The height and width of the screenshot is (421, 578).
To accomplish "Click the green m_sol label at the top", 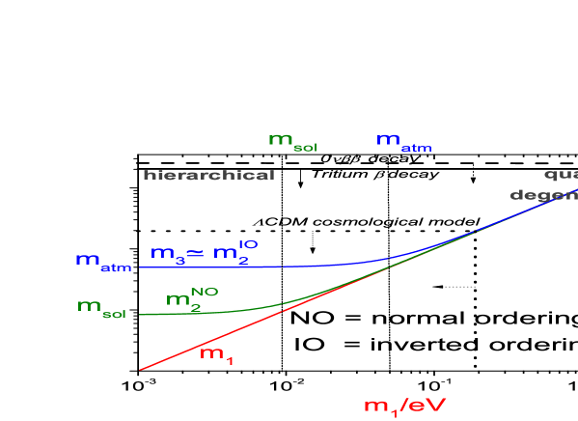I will [292, 142].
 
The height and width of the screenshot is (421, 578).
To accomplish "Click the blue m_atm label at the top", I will [403, 143].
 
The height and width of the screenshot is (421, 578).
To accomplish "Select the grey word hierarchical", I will [208, 176].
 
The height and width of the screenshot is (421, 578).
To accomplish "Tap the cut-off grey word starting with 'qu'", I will [561, 176].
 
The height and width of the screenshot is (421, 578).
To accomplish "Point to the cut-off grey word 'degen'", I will [543, 195].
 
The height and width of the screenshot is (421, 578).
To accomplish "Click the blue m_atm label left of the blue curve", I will [102, 262].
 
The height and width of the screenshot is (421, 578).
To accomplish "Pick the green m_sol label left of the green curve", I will [101, 308].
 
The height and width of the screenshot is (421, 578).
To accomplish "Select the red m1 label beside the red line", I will [216, 354].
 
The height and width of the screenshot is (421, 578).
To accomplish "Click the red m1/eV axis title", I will [404, 407].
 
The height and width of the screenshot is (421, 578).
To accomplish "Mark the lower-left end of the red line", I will [141, 369].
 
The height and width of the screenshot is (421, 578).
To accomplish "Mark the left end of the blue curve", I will [141, 267].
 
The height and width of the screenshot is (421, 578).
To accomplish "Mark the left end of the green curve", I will [141, 315].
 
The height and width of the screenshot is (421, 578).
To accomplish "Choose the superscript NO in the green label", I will [204, 290].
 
